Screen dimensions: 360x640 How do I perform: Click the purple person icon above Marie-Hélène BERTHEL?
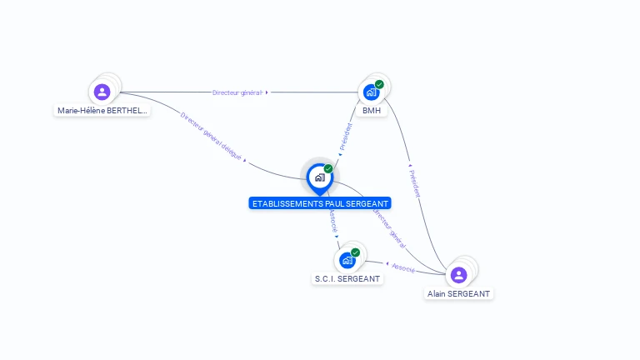point(102,92)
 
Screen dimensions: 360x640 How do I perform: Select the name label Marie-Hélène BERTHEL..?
point(102,110)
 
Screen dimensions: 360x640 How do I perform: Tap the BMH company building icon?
point(371,92)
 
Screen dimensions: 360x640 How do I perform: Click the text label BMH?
point(372,110)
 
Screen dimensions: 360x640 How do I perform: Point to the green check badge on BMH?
point(379,84)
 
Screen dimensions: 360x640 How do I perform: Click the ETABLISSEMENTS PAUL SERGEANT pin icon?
point(319,177)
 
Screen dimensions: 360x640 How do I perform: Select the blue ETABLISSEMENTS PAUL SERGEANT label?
point(320,203)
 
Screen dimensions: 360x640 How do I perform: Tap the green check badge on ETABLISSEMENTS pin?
point(328,169)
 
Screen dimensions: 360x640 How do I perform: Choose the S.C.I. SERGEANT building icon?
point(347,261)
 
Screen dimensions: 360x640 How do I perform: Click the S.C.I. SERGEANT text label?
point(347,279)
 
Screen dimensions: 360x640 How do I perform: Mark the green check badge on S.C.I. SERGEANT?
point(356,252)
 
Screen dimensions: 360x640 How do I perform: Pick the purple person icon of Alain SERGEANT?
point(458,275)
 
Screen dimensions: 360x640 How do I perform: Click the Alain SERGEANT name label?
point(459,293)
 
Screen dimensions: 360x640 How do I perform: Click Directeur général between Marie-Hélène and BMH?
point(237,92)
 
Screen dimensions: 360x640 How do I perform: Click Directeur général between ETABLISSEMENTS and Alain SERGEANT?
point(388,227)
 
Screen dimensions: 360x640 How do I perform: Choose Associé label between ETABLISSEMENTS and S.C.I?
point(332,220)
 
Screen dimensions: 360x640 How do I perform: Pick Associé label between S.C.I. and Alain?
point(403,267)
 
